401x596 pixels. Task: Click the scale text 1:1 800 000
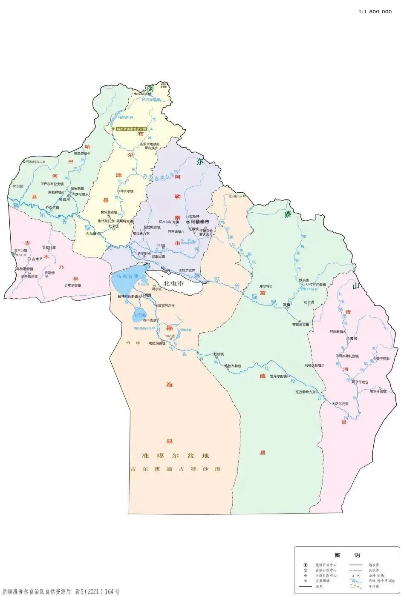pos(375,12)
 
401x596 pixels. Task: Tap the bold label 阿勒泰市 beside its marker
pos(200,222)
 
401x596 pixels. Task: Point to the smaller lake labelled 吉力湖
pos(140,315)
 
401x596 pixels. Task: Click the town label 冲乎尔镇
pos(127,191)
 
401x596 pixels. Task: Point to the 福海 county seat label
pos(148,295)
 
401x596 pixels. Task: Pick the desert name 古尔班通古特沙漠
pos(176,469)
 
